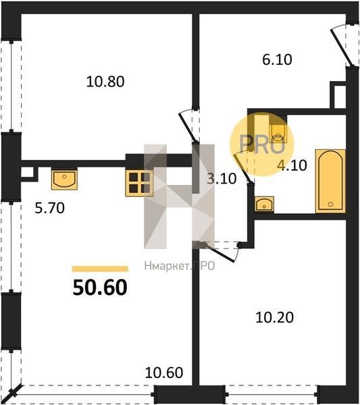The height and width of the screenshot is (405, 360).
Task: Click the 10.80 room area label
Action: click(105, 82)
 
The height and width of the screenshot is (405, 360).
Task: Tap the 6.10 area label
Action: click(277, 59)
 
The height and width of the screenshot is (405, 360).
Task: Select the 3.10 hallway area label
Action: click(222, 179)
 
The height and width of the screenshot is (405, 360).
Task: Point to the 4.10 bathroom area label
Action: click(292, 165)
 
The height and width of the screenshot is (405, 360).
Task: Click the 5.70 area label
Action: click(49, 208)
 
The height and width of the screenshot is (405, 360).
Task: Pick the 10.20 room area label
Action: click(274, 317)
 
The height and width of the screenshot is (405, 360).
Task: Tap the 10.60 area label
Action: click(164, 373)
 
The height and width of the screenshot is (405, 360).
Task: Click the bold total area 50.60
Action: click(100, 288)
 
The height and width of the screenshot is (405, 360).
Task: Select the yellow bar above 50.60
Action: click(100, 269)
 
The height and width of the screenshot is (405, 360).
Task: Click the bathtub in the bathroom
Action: click(330, 182)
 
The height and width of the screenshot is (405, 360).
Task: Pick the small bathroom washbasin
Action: click(264, 204)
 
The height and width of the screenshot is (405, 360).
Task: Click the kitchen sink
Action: click(64, 180)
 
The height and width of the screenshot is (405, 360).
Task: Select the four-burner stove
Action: click(140, 183)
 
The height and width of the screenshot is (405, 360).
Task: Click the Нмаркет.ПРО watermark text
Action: click(180, 266)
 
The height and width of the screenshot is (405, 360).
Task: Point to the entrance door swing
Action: click(341, 47)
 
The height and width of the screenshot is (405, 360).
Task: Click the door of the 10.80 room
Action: click(187, 127)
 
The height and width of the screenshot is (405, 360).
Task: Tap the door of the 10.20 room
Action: click(222, 252)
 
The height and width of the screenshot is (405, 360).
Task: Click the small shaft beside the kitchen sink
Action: click(28, 173)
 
